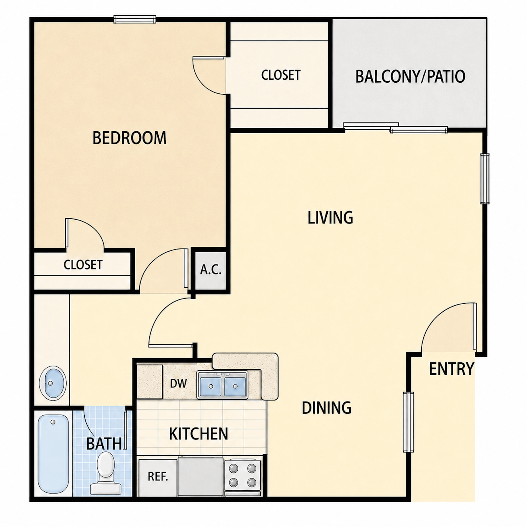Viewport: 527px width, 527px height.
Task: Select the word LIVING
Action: pos(330,218)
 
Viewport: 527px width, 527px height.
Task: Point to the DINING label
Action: pos(326,408)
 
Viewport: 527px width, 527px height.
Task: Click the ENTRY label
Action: pos(452,369)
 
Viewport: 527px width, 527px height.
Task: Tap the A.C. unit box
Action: pos(211,270)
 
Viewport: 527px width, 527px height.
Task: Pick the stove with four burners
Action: pos(243,475)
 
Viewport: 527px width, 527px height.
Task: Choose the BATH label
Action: pos(104,444)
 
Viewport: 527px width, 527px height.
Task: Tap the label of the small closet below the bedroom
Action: pos(83,265)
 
